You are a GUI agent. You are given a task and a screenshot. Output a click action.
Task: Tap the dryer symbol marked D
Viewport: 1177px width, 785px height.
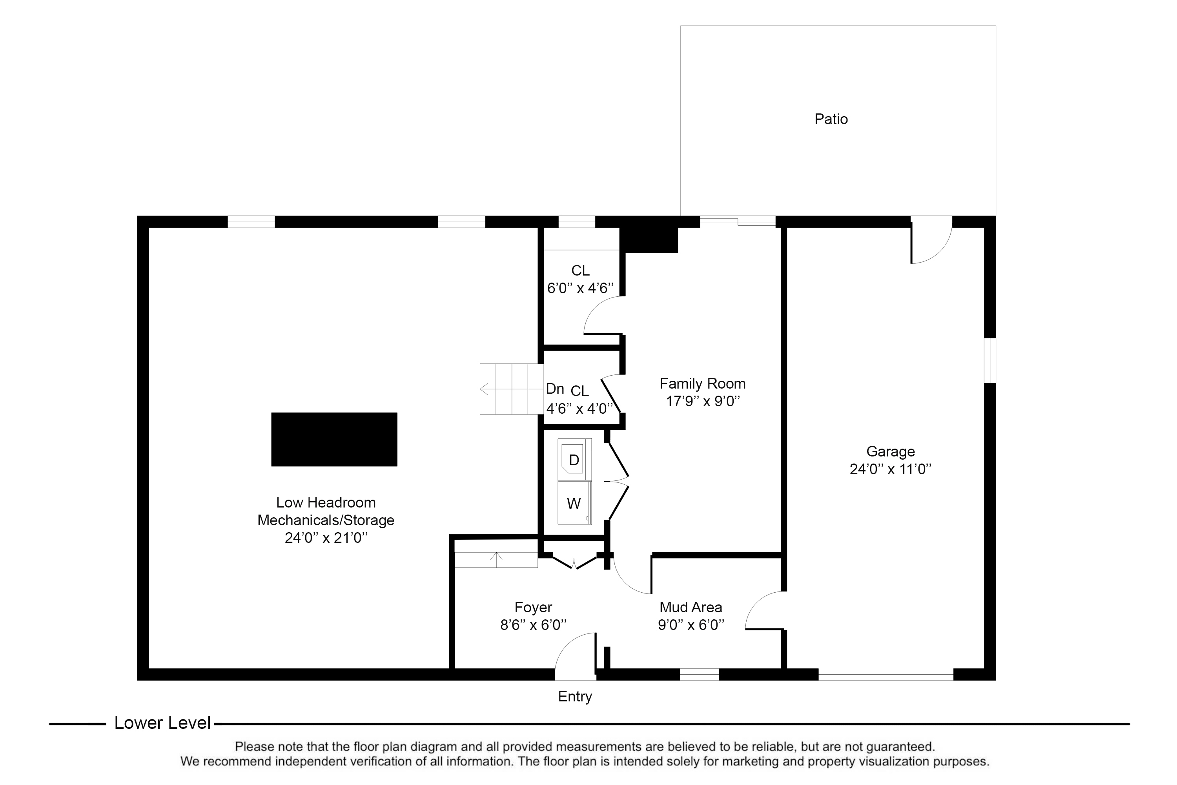click(574, 460)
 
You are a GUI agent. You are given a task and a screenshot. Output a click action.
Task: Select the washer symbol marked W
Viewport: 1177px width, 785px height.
click(574, 504)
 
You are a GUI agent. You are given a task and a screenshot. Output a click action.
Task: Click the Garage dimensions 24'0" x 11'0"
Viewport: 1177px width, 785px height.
click(890, 469)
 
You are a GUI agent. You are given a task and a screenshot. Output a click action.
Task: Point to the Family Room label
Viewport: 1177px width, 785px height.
click(702, 383)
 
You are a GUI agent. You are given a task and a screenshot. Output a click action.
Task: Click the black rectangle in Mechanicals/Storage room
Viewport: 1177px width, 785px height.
click(334, 439)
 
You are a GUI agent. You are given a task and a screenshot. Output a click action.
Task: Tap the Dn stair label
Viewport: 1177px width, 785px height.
click(554, 389)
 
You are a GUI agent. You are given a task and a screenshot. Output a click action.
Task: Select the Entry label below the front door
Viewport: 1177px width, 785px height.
click(575, 696)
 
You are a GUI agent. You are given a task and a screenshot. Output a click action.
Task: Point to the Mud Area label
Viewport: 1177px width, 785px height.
click(691, 607)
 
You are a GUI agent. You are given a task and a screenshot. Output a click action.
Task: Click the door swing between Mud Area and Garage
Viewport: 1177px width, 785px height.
click(763, 611)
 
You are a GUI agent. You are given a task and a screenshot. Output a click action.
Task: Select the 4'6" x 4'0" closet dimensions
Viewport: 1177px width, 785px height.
click(579, 409)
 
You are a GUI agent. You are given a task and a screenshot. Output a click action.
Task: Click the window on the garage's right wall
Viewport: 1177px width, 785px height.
click(989, 360)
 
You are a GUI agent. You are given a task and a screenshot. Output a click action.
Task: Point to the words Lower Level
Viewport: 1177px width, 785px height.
click(162, 723)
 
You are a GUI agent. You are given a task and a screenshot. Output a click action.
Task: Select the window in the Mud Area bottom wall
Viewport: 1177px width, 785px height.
click(699, 674)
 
